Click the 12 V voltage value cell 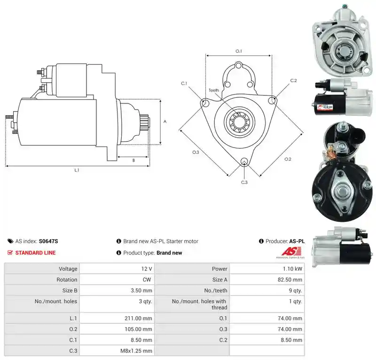tap(147, 269)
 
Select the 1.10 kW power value tap(292, 269)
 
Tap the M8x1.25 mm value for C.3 tap(136, 351)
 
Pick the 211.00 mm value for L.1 tap(138, 318)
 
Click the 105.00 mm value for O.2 tap(138, 329)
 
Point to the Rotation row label tap(67, 280)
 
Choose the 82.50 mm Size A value tap(290, 280)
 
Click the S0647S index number tap(48, 241)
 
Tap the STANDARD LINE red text tap(36, 253)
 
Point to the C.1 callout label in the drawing tap(184, 84)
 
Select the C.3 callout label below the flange tap(244, 182)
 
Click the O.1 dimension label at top tap(239, 51)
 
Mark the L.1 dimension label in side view tap(77, 170)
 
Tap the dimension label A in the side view tap(165, 122)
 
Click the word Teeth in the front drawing tap(214, 90)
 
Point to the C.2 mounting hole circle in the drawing tap(272, 100)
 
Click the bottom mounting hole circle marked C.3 tap(244, 161)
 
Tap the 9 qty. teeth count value tap(296, 290)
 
